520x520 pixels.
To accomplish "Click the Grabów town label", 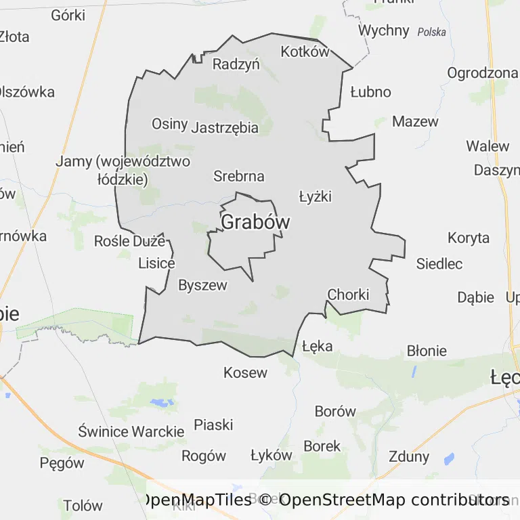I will point(255,222).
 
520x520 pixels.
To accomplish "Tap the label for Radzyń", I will point(236,64).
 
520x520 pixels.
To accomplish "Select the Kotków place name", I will point(305,52).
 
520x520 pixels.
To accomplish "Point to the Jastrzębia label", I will point(225,127).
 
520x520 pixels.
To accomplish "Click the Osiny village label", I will point(169,123).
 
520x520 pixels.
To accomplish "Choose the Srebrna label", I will point(238,176).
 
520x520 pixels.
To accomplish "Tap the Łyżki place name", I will point(316,196).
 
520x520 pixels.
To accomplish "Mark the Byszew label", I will point(202,285).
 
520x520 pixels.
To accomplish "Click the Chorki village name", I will point(348,295).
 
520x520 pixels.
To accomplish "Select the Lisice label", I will point(156,263).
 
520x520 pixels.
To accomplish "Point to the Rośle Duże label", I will point(129,240).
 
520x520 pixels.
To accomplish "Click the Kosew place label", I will point(245,372).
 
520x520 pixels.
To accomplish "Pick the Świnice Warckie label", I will point(131,431).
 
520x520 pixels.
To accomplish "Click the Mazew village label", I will point(415,122).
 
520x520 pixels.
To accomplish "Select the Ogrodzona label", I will point(482,73).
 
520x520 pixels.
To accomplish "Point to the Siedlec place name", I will point(439,263).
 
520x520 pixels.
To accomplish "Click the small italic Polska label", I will point(431,32).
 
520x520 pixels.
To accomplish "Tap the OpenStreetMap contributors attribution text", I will point(393,500).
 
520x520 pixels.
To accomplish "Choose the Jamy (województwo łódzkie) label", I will point(123,171).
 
